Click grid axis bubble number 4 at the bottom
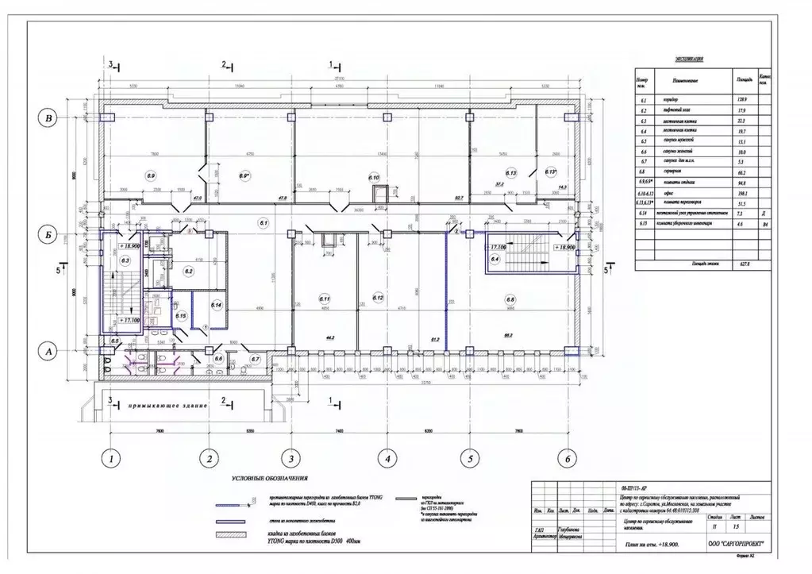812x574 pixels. [387, 458]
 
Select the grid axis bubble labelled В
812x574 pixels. [48, 119]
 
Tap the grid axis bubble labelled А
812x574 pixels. [48, 350]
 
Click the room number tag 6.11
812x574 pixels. [325, 299]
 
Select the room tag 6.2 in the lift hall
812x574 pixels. [189, 272]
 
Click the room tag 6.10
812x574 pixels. [374, 177]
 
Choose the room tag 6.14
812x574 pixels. [217, 304]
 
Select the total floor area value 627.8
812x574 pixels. [745, 265]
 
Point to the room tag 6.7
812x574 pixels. [255, 359]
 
